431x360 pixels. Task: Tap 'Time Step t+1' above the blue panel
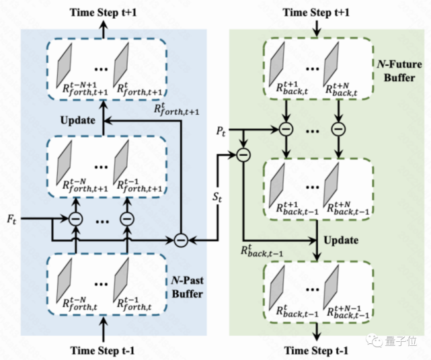tap(104, 9)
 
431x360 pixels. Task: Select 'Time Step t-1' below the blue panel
tap(104, 351)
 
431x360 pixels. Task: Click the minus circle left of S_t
tap(180, 238)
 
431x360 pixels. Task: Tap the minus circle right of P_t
tap(243, 154)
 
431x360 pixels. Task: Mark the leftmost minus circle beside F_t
tap(75, 220)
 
